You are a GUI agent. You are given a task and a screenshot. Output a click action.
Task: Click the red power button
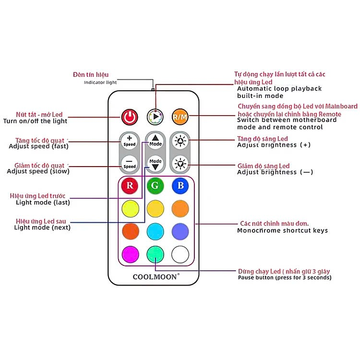tap(130, 116)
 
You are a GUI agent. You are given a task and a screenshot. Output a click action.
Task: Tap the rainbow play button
tap(155, 116)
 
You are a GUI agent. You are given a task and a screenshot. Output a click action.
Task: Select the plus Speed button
tap(130, 141)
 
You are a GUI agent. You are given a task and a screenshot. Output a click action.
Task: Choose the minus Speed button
tap(130, 163)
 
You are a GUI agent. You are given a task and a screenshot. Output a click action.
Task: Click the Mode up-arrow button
tap(155, 141)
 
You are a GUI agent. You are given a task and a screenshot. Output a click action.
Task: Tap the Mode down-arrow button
tap(155, 163)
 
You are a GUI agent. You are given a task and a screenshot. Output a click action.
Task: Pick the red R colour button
tap(130, 185)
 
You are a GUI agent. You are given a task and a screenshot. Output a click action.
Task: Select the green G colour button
tap(155, 185)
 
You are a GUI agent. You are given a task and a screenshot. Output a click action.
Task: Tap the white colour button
tap(180, 253)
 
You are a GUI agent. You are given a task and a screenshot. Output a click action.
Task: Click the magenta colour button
tap(130, 253)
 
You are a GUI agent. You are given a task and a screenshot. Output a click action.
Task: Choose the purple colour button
tap(180, 230)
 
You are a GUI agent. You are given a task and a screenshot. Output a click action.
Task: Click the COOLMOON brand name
tap(156, 276)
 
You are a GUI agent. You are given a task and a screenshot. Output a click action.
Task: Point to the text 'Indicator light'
tap(100, 83)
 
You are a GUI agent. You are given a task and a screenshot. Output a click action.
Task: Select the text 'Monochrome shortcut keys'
tap(282, 230)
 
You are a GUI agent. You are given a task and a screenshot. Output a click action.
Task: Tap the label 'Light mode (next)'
tap(42, 228)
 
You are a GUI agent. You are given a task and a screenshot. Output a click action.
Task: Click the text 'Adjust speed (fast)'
tap(39, 146)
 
